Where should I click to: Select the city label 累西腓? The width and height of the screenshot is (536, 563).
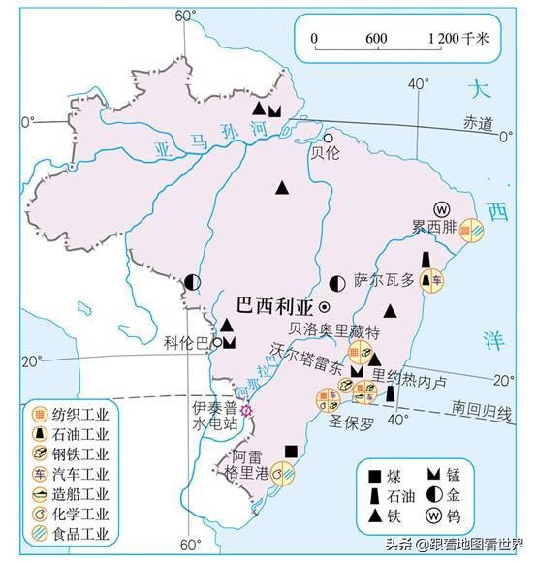pos(431,228)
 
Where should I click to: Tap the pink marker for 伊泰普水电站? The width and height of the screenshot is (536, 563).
pos(247,410)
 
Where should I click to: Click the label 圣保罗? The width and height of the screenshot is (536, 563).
pos(351,422)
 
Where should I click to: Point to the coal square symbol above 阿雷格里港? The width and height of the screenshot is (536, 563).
pos(292,451)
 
